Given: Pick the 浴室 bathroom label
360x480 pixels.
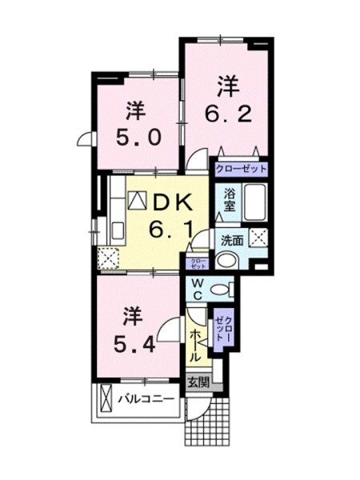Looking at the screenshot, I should (229, 198).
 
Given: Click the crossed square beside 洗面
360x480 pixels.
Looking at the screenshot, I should (258, 237).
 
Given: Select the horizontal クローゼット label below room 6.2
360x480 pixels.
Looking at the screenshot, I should (240, 170).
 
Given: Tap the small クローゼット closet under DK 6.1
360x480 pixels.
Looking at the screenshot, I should (197, 262).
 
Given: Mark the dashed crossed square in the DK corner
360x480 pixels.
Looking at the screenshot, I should (107, 257).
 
